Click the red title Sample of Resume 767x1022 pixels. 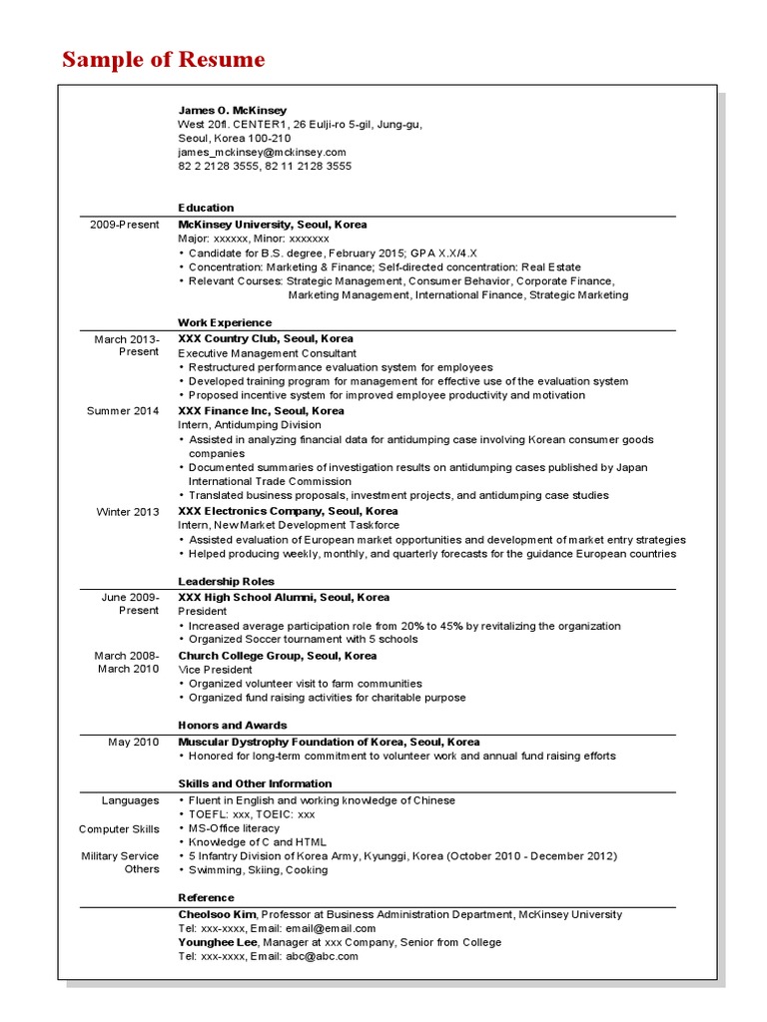[164, 60]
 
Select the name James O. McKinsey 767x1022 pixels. [232, 110]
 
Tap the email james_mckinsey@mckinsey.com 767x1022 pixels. [262, 152]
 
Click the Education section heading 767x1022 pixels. [206, 208]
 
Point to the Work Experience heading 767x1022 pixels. [225, 322]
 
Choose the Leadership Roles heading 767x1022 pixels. [226, 581]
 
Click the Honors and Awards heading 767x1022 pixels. [232, 725]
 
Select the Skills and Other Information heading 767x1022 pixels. [255, 783]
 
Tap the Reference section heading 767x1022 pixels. [206, 897]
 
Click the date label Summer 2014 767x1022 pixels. [123, 410]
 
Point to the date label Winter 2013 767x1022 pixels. [128, 512]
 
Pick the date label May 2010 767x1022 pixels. [134, 742]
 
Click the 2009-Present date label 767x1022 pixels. [124, 225]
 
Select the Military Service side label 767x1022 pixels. [120, 855]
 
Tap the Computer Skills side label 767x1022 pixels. [119, 828]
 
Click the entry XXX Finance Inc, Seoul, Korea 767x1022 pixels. [261, 410]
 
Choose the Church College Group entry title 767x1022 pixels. [277, 656]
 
